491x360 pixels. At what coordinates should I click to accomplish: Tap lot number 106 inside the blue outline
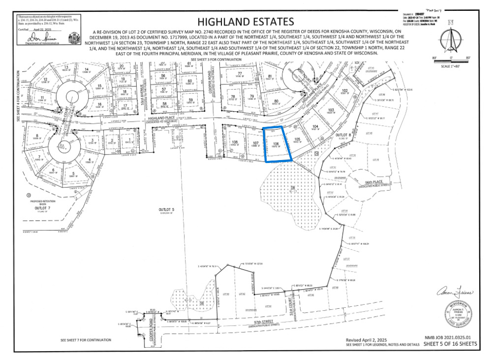(276, 144)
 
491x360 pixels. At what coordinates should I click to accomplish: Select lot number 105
(297, 139)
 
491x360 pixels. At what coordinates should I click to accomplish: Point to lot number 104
(315, 127)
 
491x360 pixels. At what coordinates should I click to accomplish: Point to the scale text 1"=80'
(451, 66)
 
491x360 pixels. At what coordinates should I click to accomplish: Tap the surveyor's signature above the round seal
(455, 293)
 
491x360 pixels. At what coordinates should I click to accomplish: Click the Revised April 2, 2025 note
(367, 340)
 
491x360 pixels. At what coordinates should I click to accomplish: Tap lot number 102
(345, 91)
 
